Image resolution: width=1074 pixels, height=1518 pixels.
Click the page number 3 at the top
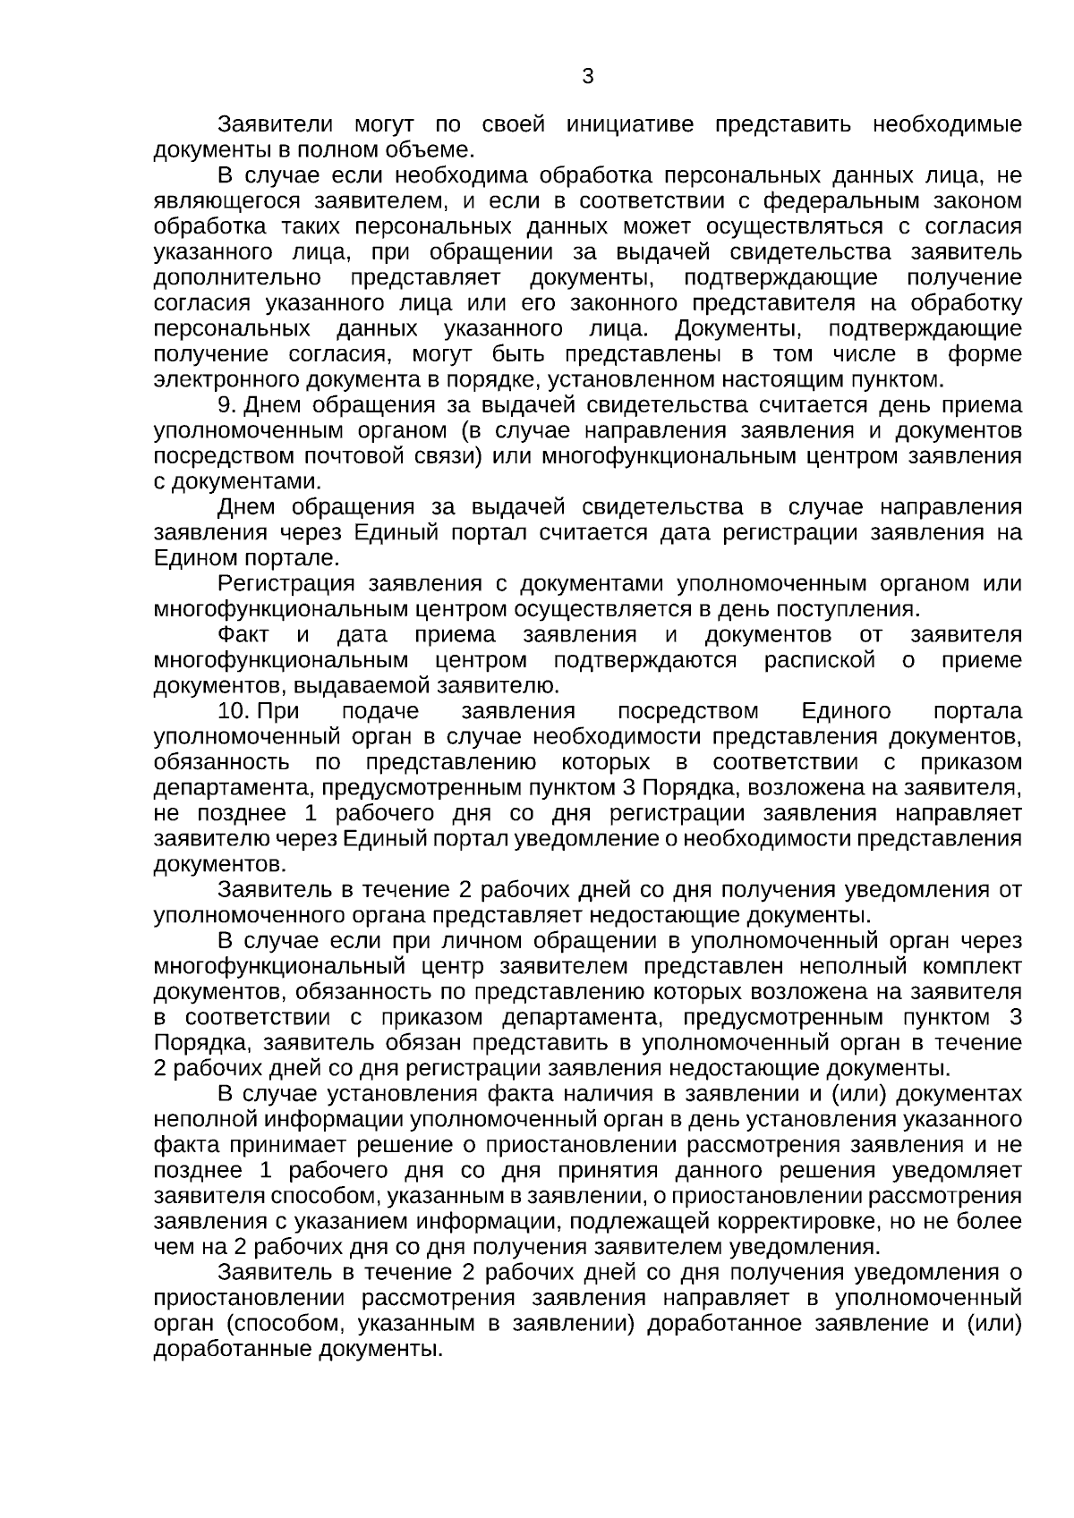587,77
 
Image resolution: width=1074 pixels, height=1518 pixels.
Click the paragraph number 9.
226,405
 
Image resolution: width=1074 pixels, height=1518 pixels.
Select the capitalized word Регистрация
286,584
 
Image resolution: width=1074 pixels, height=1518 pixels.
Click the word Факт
243,635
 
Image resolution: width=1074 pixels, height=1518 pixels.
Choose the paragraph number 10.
233,711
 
